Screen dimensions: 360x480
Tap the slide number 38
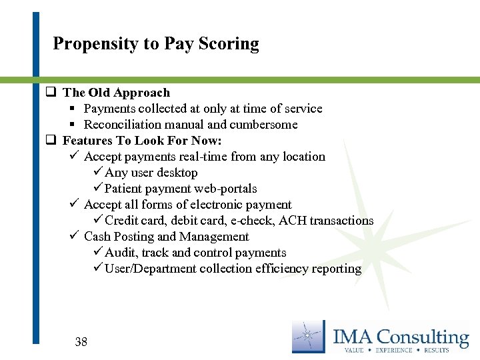tap(81, 342)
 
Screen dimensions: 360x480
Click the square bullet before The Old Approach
tap(50, 93)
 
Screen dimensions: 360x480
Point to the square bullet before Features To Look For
tap(50, 141)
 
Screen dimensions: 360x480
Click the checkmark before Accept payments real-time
tap(75, 156)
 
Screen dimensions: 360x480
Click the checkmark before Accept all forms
tap(75, 204)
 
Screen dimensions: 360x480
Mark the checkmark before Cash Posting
tap(75, 236)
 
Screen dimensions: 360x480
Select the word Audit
tap(121, 253)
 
